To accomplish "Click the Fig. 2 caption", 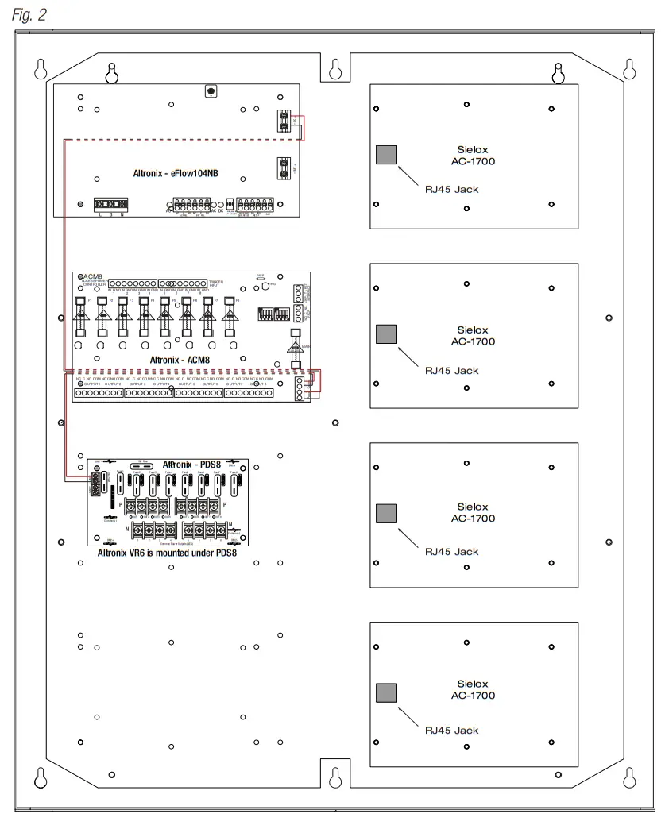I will [29, 14].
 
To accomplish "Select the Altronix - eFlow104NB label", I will [175, 174].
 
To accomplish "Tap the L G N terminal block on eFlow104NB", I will [110, 204].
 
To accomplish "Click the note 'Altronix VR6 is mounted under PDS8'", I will [167, 553].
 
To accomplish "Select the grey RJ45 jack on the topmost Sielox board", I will [386, 155].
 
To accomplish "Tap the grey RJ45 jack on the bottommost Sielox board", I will [386, 692].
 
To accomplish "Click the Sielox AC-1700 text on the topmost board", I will [476, 154].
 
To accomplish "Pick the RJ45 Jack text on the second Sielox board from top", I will [451, 371].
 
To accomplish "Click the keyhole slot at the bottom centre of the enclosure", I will [334, 776].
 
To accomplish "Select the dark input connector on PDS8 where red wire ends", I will [97, 483].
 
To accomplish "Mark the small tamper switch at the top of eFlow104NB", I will [210, 91].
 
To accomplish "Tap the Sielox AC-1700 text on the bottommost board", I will [476, 689].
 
